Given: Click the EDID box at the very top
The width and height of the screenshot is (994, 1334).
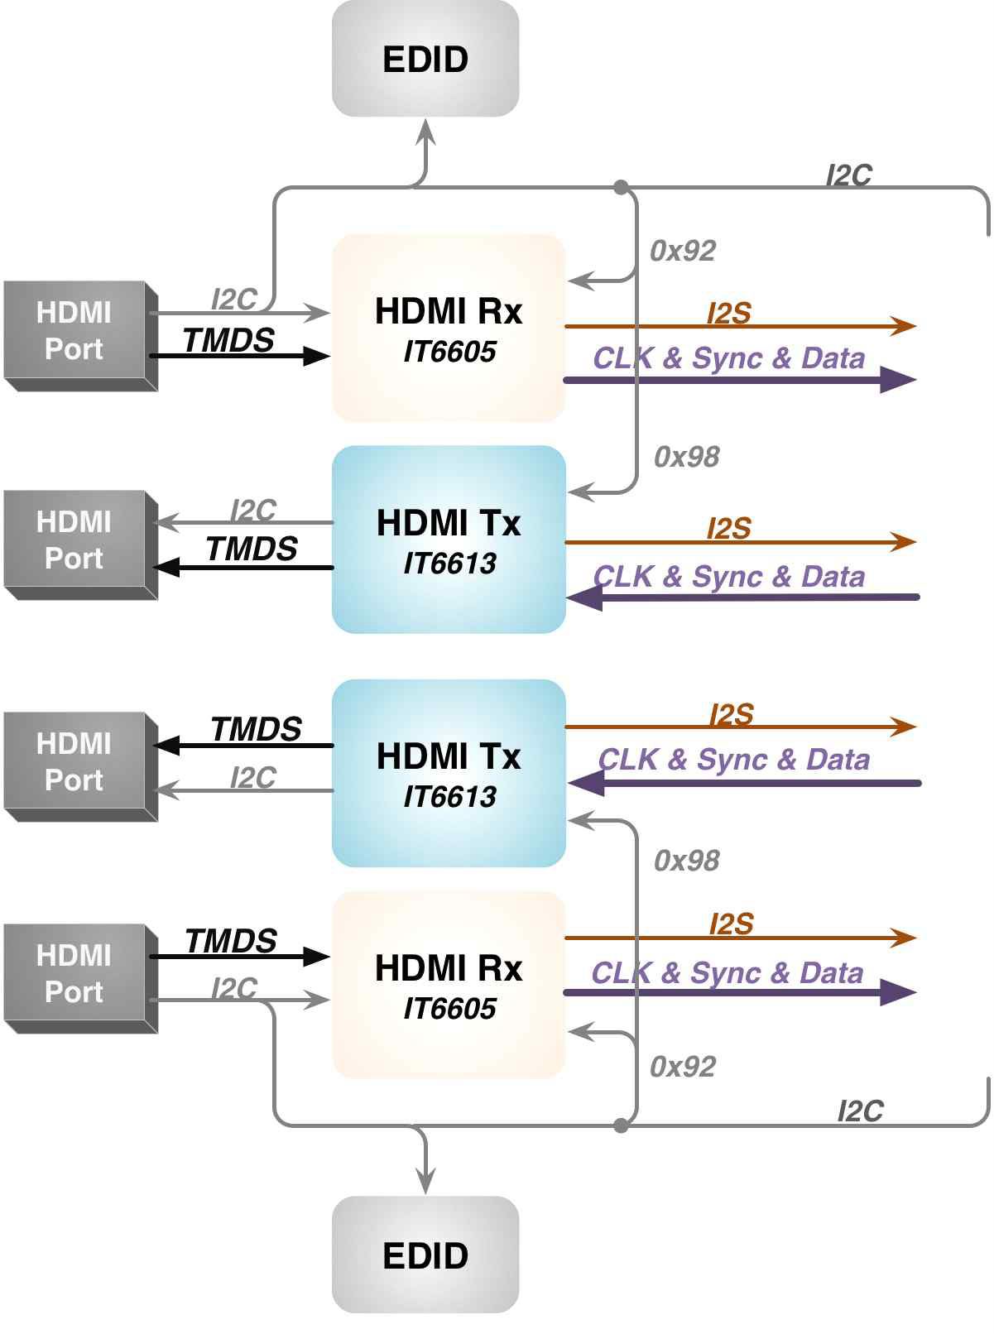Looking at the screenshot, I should [425, 59].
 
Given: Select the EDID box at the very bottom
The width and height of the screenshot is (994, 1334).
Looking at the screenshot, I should [425, 1255].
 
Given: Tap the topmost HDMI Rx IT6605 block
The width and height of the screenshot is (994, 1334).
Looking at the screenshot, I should [449, 329].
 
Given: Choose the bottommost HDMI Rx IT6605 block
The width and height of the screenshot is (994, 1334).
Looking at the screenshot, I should [449, 986].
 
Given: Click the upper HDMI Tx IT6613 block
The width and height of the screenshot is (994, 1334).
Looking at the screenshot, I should [449, 540].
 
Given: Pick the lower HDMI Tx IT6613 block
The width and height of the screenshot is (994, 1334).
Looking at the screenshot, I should [449, 773].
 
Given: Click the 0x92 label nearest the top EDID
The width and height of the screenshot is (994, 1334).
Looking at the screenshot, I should [683, 251].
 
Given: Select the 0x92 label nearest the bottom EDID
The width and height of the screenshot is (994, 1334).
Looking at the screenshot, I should [683, 1067].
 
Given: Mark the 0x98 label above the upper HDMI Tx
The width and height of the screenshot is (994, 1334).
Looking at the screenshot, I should [687, 457].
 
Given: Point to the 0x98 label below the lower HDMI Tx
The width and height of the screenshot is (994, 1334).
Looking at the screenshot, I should [687, 861].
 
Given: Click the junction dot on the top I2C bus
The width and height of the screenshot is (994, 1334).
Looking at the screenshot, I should [622, 188].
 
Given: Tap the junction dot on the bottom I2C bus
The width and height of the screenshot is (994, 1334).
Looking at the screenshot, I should [622, 1125].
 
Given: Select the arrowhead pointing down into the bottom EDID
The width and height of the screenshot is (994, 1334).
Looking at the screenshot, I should [425, 1183].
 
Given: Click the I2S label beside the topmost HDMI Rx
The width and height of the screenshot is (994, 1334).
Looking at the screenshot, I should [729, 313].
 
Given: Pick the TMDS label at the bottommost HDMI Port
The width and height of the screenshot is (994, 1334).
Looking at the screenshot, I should [231, 941].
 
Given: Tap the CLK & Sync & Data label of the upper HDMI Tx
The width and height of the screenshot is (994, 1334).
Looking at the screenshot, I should [729, 576].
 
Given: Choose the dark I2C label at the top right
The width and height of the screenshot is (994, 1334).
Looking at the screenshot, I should [849, 175].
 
